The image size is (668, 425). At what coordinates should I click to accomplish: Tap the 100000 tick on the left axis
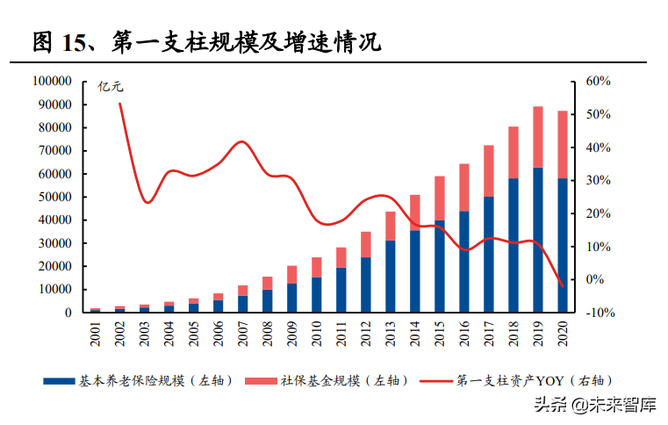(52, 82)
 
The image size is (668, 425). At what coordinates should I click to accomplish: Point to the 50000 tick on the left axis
(54, 197)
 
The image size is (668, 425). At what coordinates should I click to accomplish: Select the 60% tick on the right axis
(598, 82)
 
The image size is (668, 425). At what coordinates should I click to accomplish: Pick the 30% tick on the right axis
(598, 181)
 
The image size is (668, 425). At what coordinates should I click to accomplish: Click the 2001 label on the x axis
(96, 332)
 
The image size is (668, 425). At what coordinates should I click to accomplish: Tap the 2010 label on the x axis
(317, 332)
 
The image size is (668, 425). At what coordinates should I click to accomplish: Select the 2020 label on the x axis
(563, 332)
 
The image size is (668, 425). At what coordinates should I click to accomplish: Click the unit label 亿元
(111, 87)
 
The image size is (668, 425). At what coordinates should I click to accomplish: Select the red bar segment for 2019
(538, 137)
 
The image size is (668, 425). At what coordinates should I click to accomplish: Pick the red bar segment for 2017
(489, 171)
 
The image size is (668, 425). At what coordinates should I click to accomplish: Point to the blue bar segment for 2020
(563, 245)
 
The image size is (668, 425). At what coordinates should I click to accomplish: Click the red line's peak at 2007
(243, 141)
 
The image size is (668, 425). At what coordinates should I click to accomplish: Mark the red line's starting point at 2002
(119, 104)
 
